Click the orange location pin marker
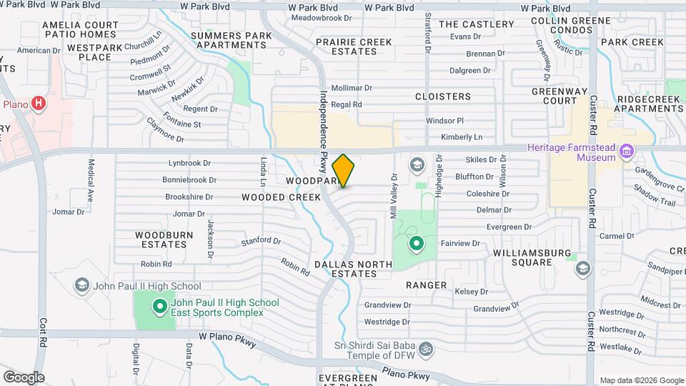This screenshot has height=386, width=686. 344,170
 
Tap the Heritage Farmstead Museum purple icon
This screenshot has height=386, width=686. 627,150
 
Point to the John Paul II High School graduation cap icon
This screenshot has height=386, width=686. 82,286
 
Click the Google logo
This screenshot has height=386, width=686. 24,377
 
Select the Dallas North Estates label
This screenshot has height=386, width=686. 353,269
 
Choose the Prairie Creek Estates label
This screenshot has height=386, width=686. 354,46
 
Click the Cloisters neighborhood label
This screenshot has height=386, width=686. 443,96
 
